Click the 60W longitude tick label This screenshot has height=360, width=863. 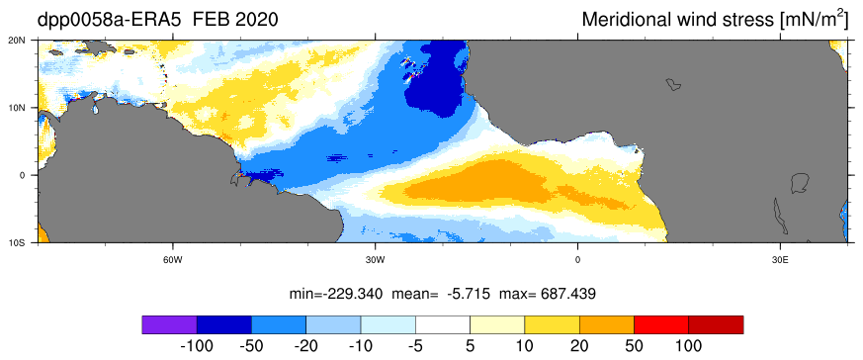pyautogui.click(x=173, y=259)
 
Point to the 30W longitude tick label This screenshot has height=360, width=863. pyautogui.click(x=375, y=259)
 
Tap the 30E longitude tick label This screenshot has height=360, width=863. pyautogui.click(x=779, y=259)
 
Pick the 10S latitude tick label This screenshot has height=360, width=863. pyautogui.click(x=27, y=242)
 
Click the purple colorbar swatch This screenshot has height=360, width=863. pyautogui.click(x=169, y=324)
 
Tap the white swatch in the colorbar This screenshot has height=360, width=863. pyautogui.click(x=443, y=324)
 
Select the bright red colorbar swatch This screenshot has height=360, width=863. pyautogui.click(x=661, y=324)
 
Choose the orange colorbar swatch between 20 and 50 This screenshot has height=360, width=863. pyautogui.click(x=607, y=324)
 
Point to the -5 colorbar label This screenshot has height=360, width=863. pyautogui.click(x=415, y=346)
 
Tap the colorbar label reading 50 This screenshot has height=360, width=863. pyautogui.click(x=634, y=346)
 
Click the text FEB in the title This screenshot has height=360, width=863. pyautogui.click(x=212, y=21)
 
